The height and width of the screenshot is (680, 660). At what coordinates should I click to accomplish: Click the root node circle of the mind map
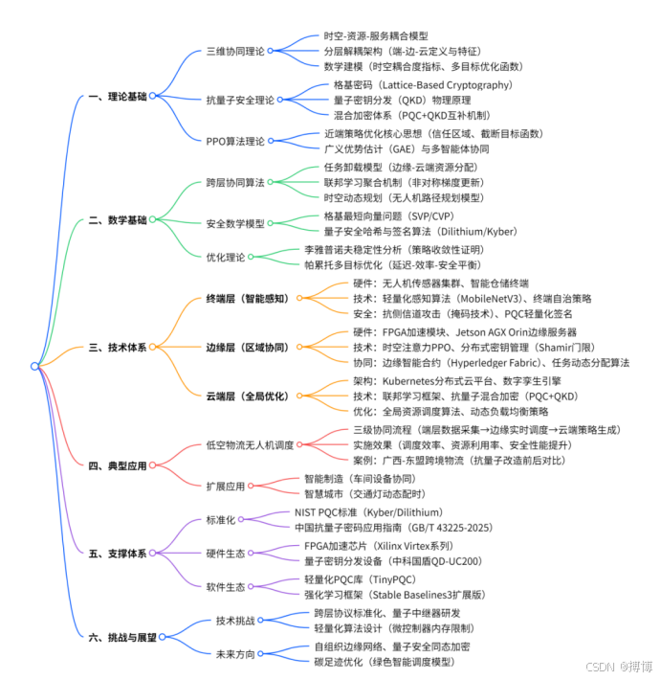click(x=35, y=365)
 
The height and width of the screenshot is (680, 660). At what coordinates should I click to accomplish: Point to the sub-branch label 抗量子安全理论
click(x=240, y=99)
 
